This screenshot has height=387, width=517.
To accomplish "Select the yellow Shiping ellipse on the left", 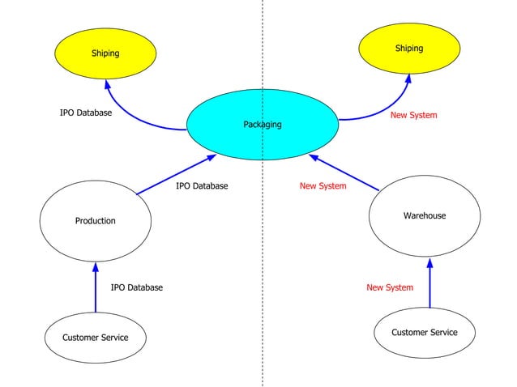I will pos(105,53).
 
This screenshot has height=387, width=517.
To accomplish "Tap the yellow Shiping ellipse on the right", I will pos(408,49).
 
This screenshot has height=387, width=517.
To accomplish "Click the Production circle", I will pos(96,220).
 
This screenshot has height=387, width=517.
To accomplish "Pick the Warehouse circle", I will pos(424,215).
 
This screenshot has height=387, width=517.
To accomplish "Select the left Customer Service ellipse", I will pos(95,337).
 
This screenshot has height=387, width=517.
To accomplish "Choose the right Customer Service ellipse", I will pos(424,332).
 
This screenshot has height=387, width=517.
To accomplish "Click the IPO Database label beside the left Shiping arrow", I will pos(86,113).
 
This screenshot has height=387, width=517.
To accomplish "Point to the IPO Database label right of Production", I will pos(202,185).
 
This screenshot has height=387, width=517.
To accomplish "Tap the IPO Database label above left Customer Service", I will pos(136,287).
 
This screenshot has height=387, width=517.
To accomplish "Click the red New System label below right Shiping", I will pos(413,115).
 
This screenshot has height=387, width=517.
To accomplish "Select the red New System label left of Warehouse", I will pos(323,185).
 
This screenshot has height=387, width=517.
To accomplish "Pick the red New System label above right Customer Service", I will pos(389,287).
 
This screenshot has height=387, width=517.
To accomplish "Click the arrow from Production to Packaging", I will pos(176,175).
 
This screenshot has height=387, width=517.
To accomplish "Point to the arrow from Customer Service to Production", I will pos(96,287).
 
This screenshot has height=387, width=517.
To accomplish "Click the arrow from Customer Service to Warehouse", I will pos(429,283).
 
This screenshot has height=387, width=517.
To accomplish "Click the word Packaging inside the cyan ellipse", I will pos(262,125).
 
